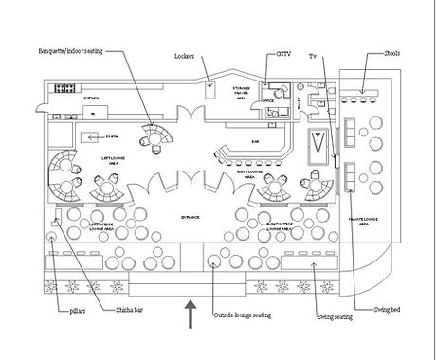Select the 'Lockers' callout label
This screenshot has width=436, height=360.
coord(184,56)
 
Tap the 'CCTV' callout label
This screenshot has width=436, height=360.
coord(283,54)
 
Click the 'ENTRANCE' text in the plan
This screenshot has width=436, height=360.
coord(191,217)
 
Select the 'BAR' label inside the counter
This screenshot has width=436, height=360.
coord(255,142)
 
